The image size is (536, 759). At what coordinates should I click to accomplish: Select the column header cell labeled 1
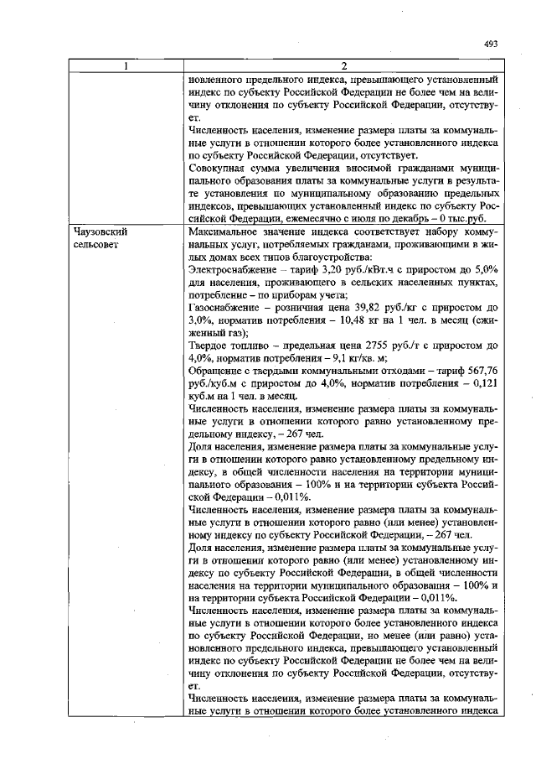pos(126,66)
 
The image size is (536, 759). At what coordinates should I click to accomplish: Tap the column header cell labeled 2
pos(343,66)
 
